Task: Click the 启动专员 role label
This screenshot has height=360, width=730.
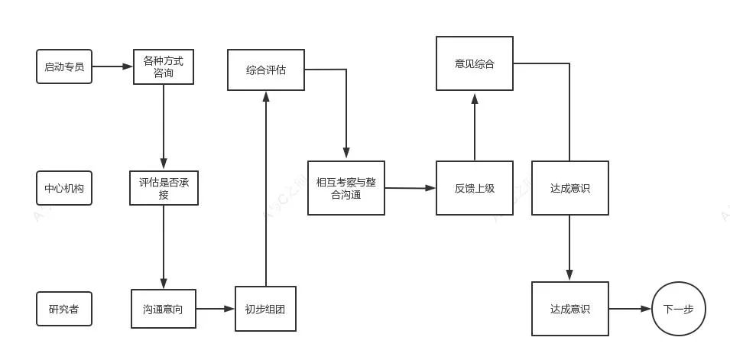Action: point(64,66)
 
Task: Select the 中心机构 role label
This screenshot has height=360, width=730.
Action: point(64,188)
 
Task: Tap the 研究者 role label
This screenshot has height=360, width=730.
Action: point(64,309)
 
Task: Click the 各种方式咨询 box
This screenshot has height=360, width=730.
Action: point(164,66)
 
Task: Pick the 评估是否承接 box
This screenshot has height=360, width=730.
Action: point(164,188)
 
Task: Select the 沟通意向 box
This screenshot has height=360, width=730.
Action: point(163,309)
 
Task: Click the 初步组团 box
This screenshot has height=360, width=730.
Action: point(265,309)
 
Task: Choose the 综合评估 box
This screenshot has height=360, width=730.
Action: point(266,70)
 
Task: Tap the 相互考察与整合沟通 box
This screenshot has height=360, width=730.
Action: point(346,188)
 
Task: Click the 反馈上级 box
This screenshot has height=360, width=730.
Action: point(475,188)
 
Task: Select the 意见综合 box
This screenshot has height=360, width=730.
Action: point(475,63)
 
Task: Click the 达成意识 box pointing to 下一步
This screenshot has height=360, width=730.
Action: point(569,309)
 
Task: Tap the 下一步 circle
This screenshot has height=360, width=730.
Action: point(678,309)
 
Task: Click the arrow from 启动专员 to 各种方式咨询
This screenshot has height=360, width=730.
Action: point(112,66)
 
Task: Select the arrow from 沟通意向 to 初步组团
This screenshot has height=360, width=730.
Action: point(215,309)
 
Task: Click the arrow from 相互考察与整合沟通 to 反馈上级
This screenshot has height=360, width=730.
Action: point(410,188)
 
